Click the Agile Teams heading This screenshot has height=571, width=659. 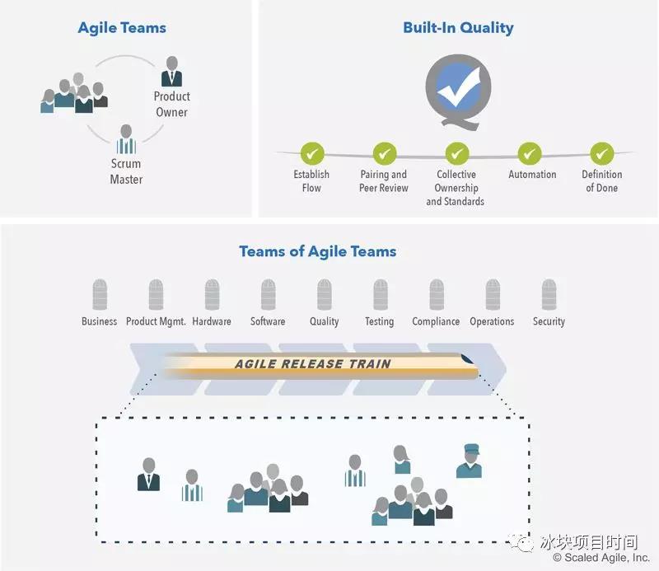coord(122,28)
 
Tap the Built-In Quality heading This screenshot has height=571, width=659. coord(458,28)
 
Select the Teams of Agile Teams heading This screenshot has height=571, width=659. coord(317,251)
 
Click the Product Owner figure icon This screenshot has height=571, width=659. coord(171,72)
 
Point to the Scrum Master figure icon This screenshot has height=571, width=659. coord(126,140)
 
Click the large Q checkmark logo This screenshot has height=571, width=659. coord(458,95)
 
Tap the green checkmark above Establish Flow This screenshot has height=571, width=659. coord(311,153)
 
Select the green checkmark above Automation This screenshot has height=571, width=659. coord(530,153)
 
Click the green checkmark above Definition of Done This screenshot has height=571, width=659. coord(602,153)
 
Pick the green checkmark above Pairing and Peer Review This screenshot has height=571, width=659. coord(385,153)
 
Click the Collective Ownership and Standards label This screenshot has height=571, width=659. coord(456,188)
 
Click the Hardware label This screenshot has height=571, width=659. coord(212,321)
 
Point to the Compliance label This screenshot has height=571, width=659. coord(436,321)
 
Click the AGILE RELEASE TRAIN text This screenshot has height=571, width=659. coord(312,364)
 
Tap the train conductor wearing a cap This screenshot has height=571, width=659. coord(469,461)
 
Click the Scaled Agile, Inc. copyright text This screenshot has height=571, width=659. coord(601,558)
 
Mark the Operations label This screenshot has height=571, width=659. coord(492,321)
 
